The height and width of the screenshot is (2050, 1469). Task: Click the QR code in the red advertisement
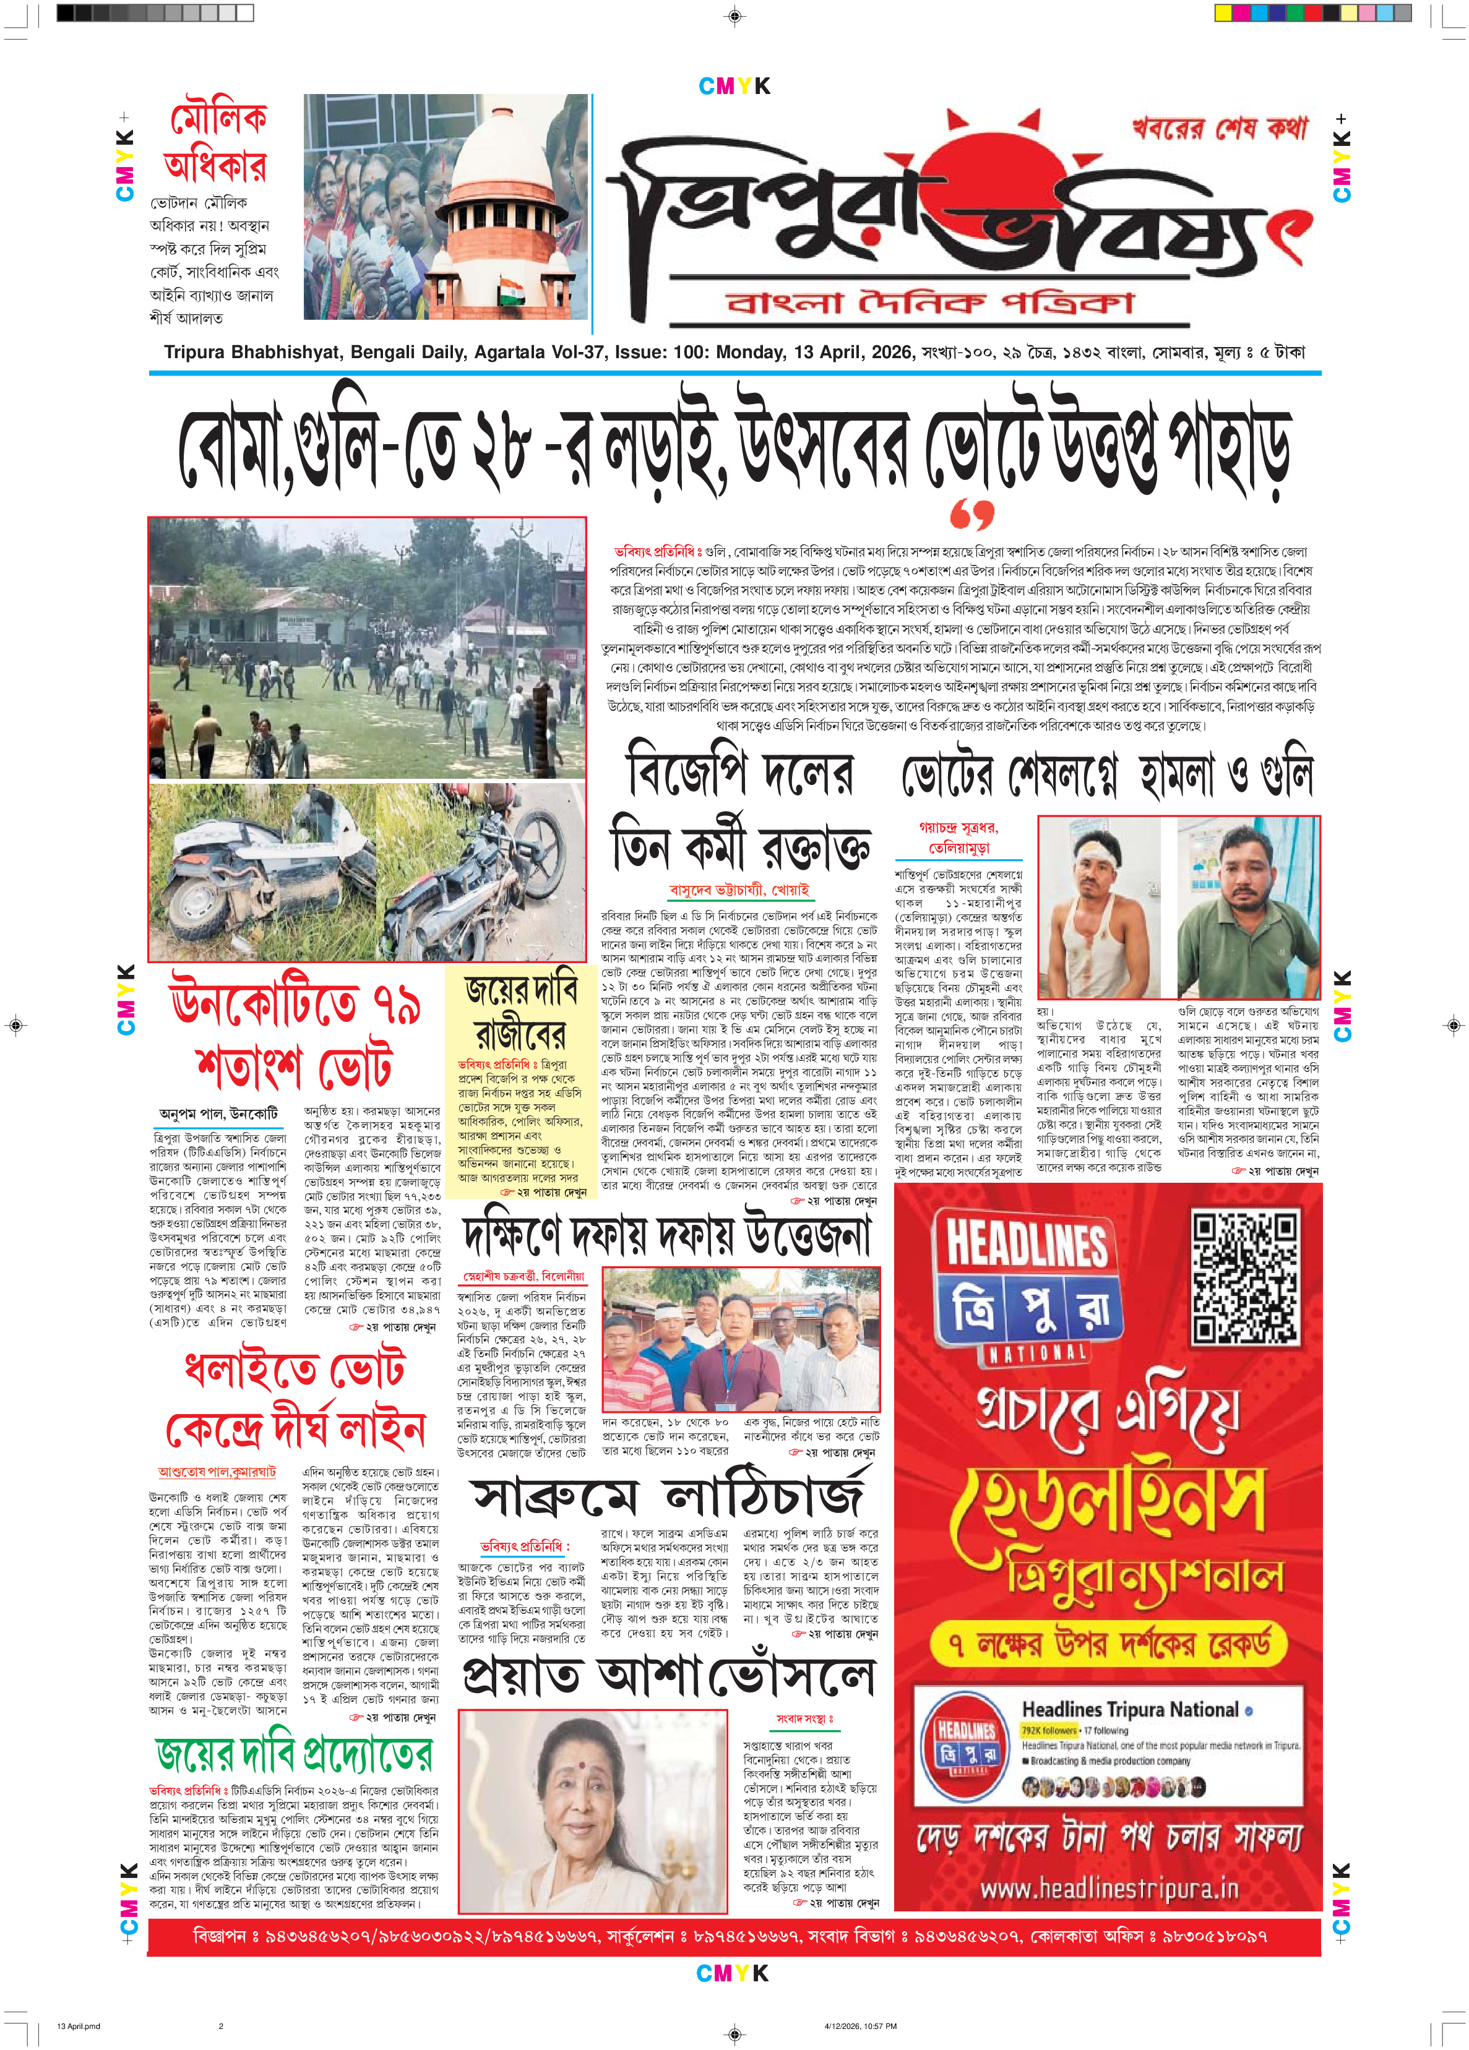coord(1246,1277)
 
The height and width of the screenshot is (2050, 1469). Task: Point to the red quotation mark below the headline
coord(971,513)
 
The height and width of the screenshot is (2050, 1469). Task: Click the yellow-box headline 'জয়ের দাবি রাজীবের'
coord(520,1011)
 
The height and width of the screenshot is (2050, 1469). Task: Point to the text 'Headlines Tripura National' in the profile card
coord(1129,1709)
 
